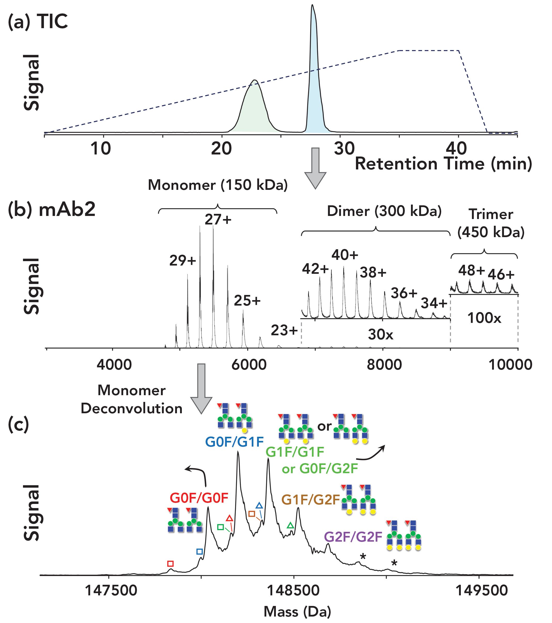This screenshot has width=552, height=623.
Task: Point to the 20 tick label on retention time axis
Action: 222,149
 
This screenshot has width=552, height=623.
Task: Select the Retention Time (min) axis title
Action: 444,164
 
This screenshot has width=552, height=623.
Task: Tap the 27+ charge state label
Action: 218,220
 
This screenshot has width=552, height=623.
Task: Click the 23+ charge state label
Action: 284,330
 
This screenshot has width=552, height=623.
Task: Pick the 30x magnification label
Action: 380,335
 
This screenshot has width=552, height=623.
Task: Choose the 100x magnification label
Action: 484,318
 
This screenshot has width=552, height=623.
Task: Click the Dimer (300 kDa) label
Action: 384,211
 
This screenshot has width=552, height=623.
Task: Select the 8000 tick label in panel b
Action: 384,365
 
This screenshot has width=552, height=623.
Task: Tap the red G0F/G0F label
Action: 199,498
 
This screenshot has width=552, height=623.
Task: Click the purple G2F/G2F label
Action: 353,537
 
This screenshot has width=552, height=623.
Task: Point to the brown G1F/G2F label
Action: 310,500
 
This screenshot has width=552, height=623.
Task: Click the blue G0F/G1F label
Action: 234,442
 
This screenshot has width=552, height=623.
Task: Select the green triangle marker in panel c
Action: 291,525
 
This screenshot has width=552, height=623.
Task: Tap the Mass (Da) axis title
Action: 297,611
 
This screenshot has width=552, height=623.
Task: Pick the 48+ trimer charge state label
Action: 471,271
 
